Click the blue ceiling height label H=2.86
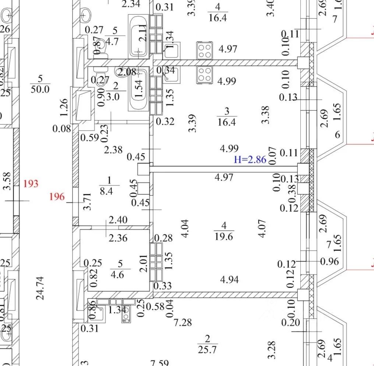(250, 160)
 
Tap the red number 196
(57, 197)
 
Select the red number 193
(31, 183)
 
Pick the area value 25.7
(207, 349)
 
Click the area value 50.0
(40, 89)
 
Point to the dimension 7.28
(183, 323)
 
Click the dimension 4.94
(229, 280)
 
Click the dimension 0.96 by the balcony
(330, 262)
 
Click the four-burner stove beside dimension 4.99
(205, 75)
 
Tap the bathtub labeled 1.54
(138, 90)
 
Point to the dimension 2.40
(119, 220)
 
